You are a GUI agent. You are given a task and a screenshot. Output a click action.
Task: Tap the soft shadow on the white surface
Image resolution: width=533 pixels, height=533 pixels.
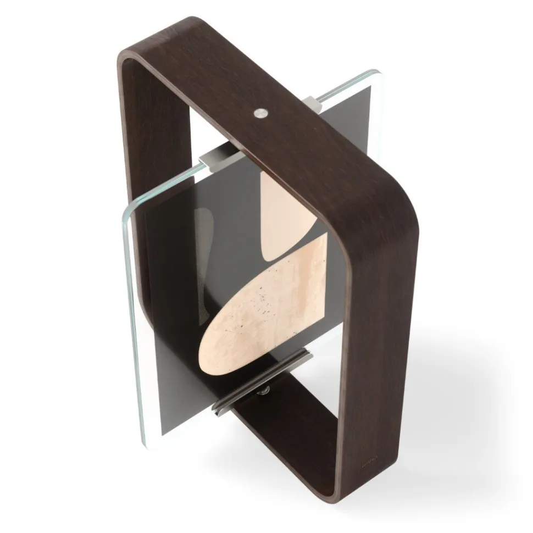pyautogui.click(x=451, y=385)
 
